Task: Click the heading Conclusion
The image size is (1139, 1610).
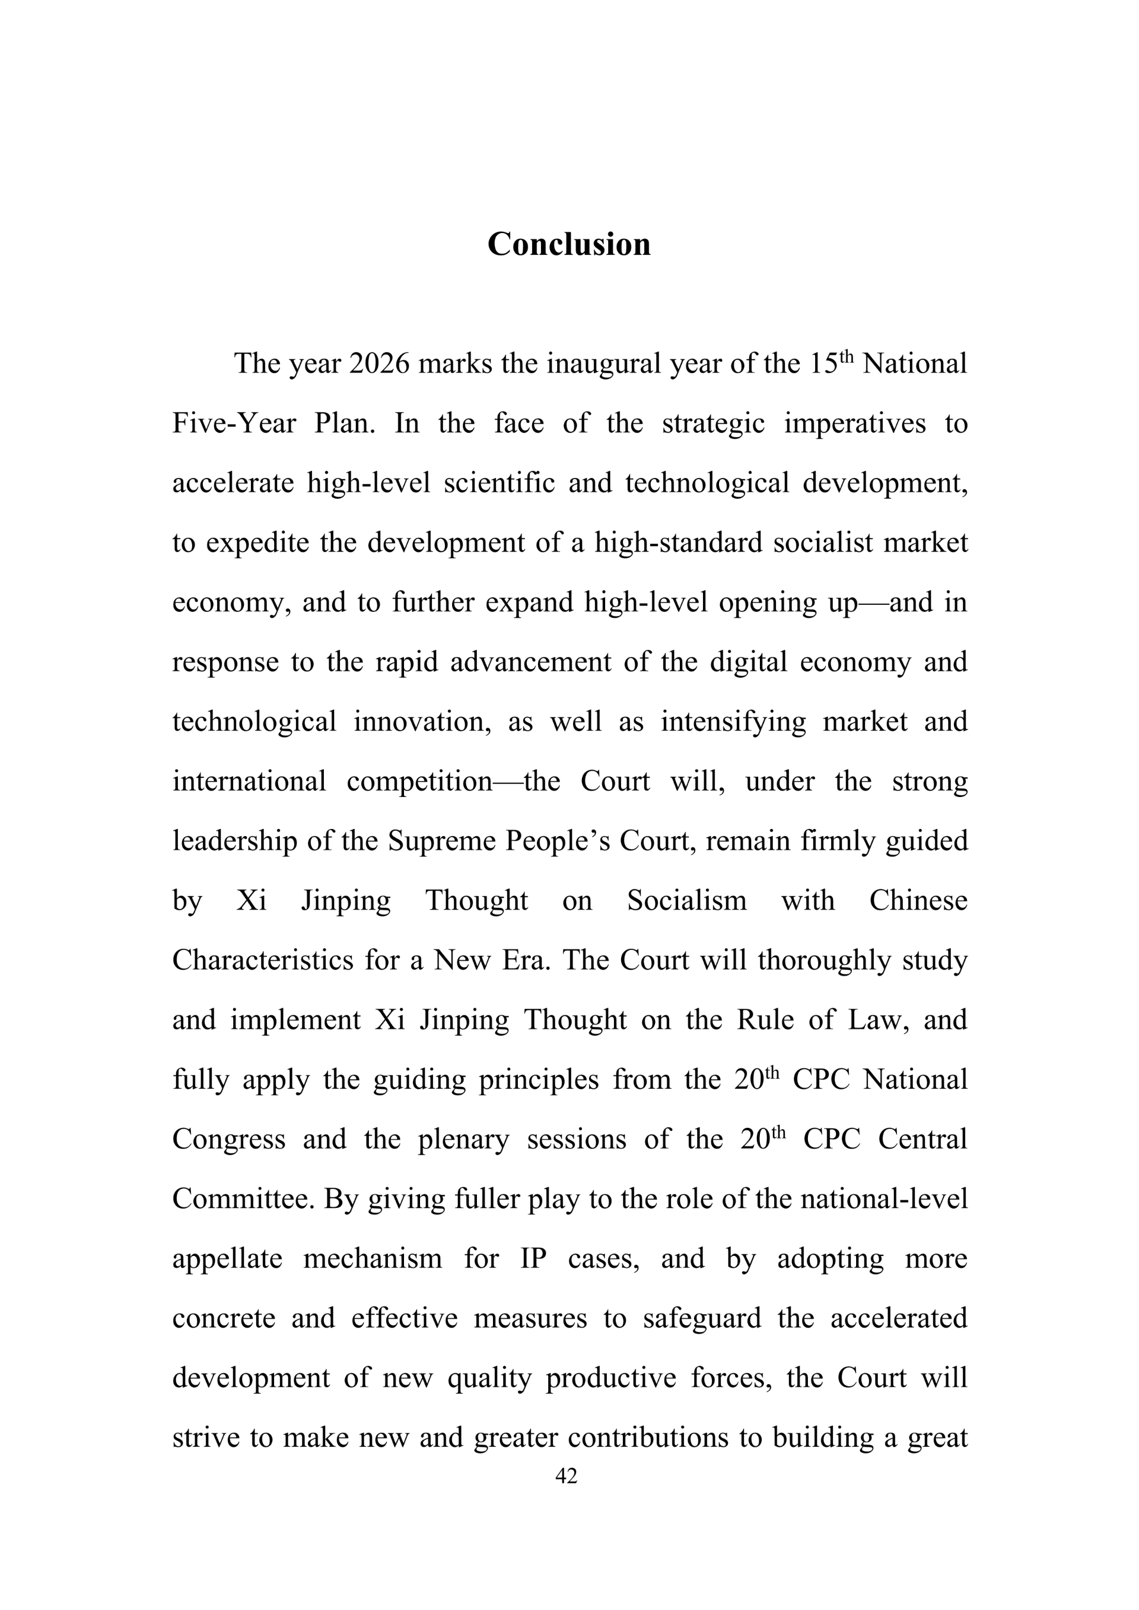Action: tap(569, 244)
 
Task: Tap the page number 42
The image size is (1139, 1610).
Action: tap(566, 1475)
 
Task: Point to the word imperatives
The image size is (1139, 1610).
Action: tap(854, 423)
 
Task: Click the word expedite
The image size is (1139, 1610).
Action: tap(257, 543)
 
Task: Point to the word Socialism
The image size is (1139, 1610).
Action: tap(686, 900)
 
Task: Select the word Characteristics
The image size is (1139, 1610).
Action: tap(263, 960)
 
